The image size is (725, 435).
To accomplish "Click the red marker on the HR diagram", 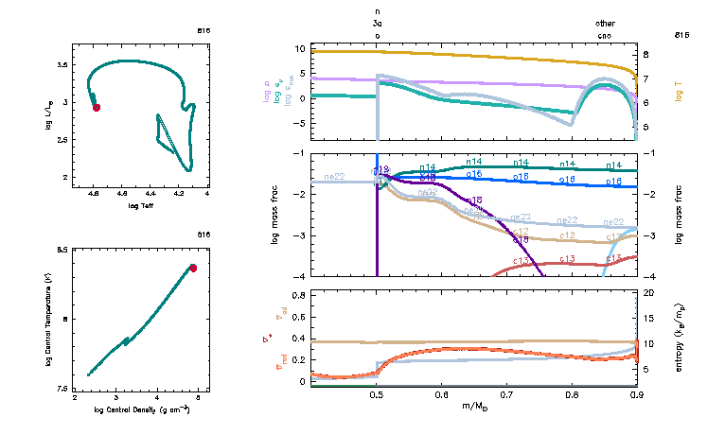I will tap(97, 108).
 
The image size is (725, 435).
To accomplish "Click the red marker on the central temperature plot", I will tap(193, 268).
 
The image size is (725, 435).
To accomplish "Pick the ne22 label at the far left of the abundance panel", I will tap(333, 176).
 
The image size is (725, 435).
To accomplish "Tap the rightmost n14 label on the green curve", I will tap(614, 165).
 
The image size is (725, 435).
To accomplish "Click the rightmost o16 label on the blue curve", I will tap(614, 180).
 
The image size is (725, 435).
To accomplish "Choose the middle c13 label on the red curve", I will tap(568, 258).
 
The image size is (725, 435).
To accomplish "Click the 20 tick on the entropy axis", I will tap(650, 294).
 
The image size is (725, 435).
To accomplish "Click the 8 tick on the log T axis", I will tap(646, 55).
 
